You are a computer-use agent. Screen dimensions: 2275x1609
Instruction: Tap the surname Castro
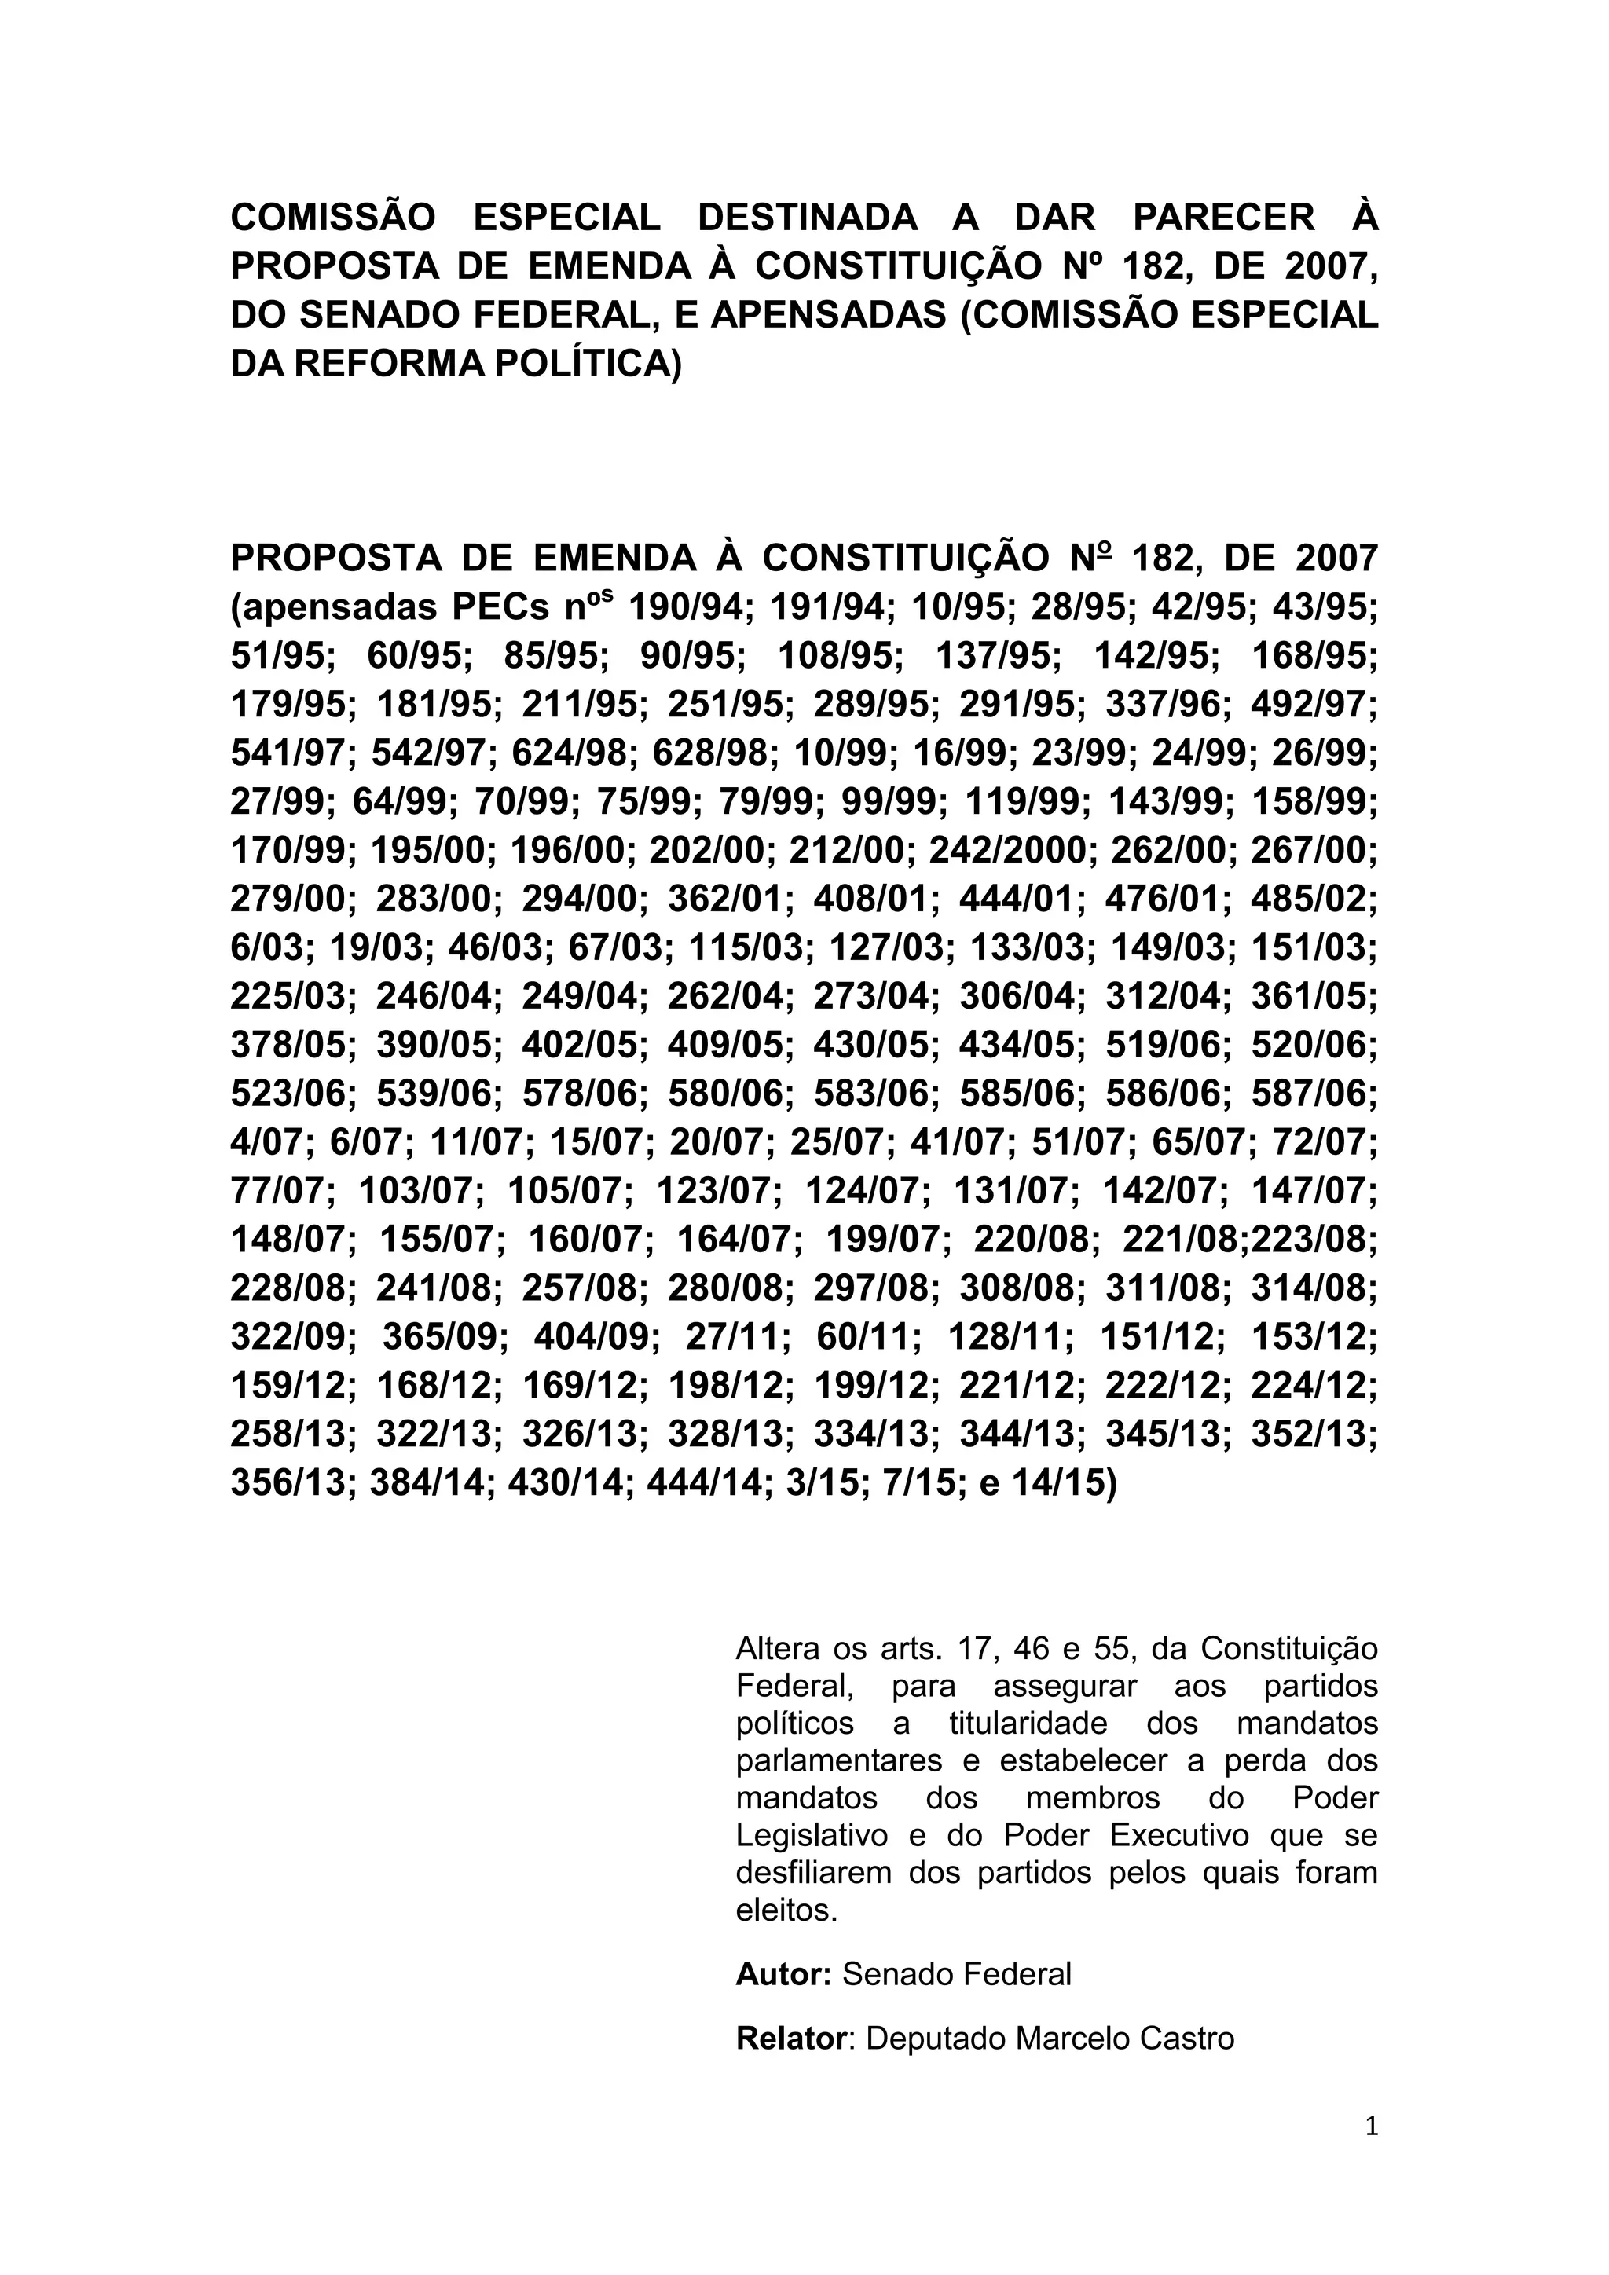pos(1184,2039)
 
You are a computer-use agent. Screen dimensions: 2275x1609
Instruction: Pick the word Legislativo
pos(812,1835)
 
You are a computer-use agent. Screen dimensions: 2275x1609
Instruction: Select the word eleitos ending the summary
pos(786,1910)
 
